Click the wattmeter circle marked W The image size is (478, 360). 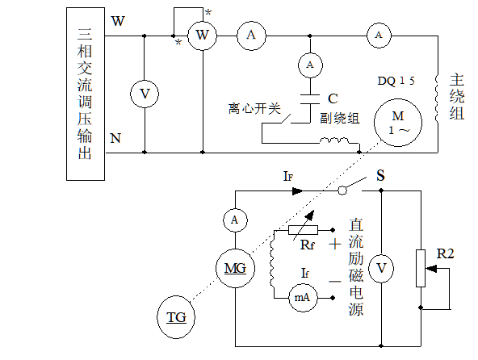tap(203, 35)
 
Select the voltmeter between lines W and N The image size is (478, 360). tap(145, 94)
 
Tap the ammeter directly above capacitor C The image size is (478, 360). tap(309, 63)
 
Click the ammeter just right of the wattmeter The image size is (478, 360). tap(251, 35)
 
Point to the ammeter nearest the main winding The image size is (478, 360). tap(378, 35)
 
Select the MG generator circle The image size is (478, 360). tap(234, 266)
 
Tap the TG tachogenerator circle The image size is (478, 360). tap(176, 317)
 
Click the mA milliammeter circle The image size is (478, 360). tap(302, 297)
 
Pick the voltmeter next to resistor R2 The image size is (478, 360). tap(384, 267)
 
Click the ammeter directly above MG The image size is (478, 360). tap(234, 220)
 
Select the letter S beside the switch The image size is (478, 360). tap(380, 174)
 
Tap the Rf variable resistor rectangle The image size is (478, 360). tap(303, 230)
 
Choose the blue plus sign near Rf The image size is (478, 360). tap(333, 242)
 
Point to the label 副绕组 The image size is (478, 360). tap(339, 118)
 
